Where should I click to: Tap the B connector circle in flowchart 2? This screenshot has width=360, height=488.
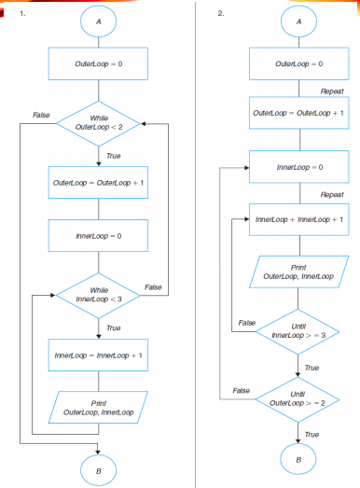click(x=298, y=461)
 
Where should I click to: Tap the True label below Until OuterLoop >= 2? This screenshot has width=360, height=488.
click(x=312, y=435)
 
